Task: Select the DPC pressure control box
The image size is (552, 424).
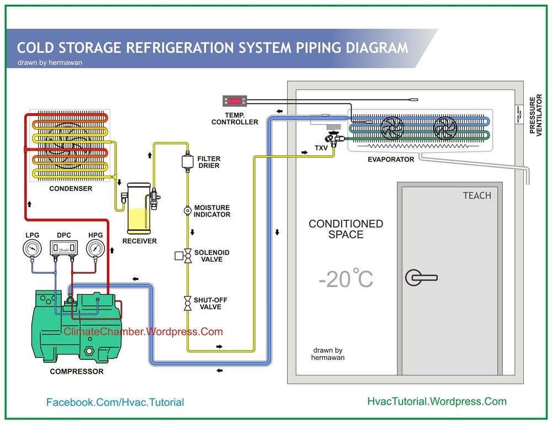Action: click(63, 250)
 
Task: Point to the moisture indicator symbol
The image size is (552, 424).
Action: click(187, 210)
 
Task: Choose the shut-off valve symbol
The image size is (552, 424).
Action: click(187, 303)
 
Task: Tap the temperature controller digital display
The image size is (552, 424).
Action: click(234, 101)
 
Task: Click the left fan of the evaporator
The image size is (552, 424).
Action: click(393, 128)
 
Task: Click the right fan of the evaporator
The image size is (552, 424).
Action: click(445, 128)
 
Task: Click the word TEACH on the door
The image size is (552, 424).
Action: click(476, 195)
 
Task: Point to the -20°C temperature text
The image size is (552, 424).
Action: click(346, 279)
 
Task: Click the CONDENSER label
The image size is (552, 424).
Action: click(71, 188)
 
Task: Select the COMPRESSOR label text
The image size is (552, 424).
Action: click(77, 372)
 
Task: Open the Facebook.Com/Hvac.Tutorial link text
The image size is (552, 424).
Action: click(115, 402)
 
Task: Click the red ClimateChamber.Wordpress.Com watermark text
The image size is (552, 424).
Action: click(144, 332)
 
